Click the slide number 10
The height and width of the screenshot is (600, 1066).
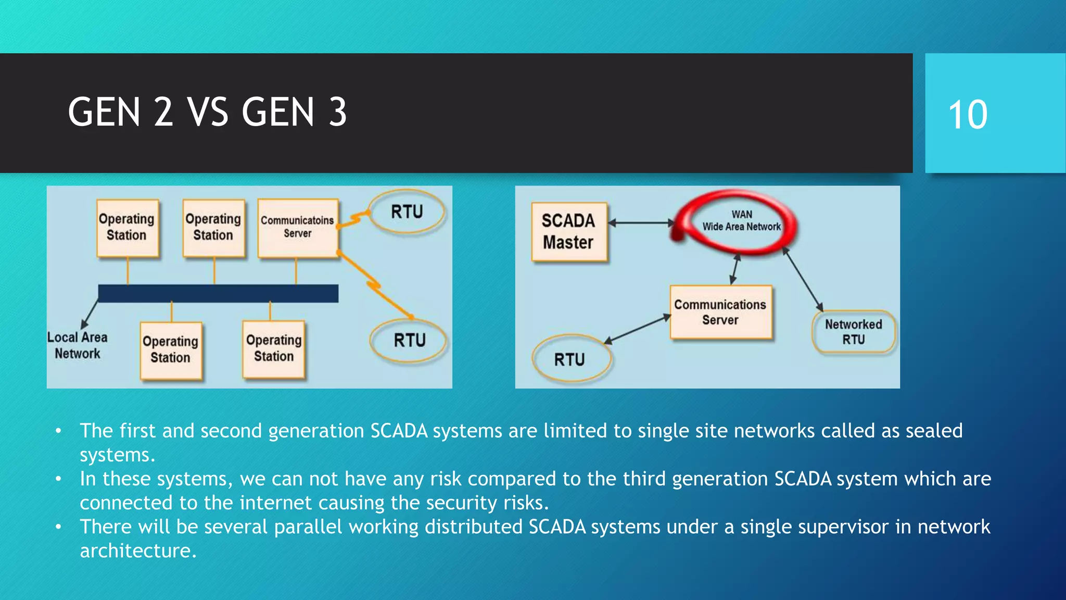tap(968, 115)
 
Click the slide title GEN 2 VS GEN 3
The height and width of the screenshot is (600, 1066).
tap(207, 113)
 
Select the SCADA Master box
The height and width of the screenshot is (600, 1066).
tap(569, 232)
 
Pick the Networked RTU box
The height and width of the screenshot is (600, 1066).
tap(853, 332)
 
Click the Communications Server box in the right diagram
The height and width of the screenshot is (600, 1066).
tap(720, 312)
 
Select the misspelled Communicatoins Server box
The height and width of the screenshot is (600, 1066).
tap(298, 228)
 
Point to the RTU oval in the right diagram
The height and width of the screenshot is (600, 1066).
tap(571, 359)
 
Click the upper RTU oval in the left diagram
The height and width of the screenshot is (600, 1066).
tap(407, 212)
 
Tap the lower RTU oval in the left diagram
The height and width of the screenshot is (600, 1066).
tap(409, 341)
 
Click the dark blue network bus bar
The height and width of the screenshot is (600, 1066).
tap(218, 293)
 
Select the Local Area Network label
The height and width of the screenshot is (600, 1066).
tap(78, 345)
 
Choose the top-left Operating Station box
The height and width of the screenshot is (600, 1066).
tap(127, 228)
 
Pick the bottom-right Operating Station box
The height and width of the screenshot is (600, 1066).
tap(274, 348)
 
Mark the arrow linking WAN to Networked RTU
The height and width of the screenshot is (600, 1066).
tap(802, 280)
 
